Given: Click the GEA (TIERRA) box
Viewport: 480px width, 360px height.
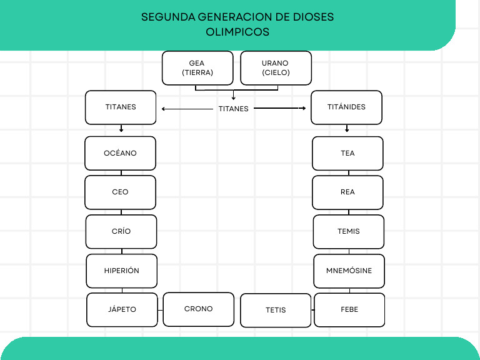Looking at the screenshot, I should (x=197, y=68).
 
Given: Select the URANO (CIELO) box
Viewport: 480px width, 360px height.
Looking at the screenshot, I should (x=276, y=68).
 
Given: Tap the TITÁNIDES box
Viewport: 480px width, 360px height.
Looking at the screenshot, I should (x=346, y=107).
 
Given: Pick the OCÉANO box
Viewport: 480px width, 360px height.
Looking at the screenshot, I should (x=120, y=153).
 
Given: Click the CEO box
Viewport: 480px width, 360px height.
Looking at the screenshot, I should (x=120, y=192).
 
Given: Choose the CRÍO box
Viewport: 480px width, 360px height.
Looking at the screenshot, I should (x=121, y=231).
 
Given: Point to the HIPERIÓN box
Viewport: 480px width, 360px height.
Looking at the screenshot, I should (x=121, y=271).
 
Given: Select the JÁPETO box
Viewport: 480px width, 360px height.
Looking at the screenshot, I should (x=122, y=309).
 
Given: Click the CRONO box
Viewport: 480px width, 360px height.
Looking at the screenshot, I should (x=198, y=309).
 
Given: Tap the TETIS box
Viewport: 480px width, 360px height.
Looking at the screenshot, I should (x=276, y=310).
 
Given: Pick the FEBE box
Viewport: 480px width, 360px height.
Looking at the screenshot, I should (x=349, y=309).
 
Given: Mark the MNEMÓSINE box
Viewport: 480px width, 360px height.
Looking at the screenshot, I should (x=349, y=271).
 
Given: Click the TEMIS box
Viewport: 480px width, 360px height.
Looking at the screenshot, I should (x=348, y=231).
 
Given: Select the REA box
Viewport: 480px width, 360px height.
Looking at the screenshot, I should (x=347, y=192).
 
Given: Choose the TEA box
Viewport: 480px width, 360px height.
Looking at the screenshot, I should (x=347, y=153).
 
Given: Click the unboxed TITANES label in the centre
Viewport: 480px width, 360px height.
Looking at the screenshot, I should (x=233, y=109).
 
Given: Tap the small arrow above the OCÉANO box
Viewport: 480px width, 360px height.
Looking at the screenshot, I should (x=121, y=129).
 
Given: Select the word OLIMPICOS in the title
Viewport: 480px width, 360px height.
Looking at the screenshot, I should (x=237, y=31).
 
